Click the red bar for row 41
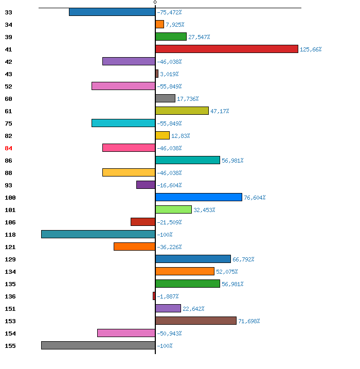tap(227, 49)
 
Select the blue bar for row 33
tap(112, 12)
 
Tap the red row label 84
tap(8, 148)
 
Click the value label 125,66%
tap(311, 49)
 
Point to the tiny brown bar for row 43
tap(157, 74)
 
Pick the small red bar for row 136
tap(154, 296)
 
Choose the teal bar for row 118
tap(98, 234)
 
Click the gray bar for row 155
tap(98, 345)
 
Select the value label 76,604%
tap(255, 198)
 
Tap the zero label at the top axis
tap(155, 3)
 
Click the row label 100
tap(10, 198)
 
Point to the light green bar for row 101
tap(173, 209)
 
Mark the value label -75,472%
tap(169, 12)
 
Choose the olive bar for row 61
tap(182, 111)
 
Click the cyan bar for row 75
tap(123, 123)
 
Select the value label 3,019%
tap(169, 74)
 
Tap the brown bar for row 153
tap(196, 321)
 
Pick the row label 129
tap(10, 259)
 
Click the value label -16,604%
tap(169, 185)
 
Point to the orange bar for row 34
tap(159, 24)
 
